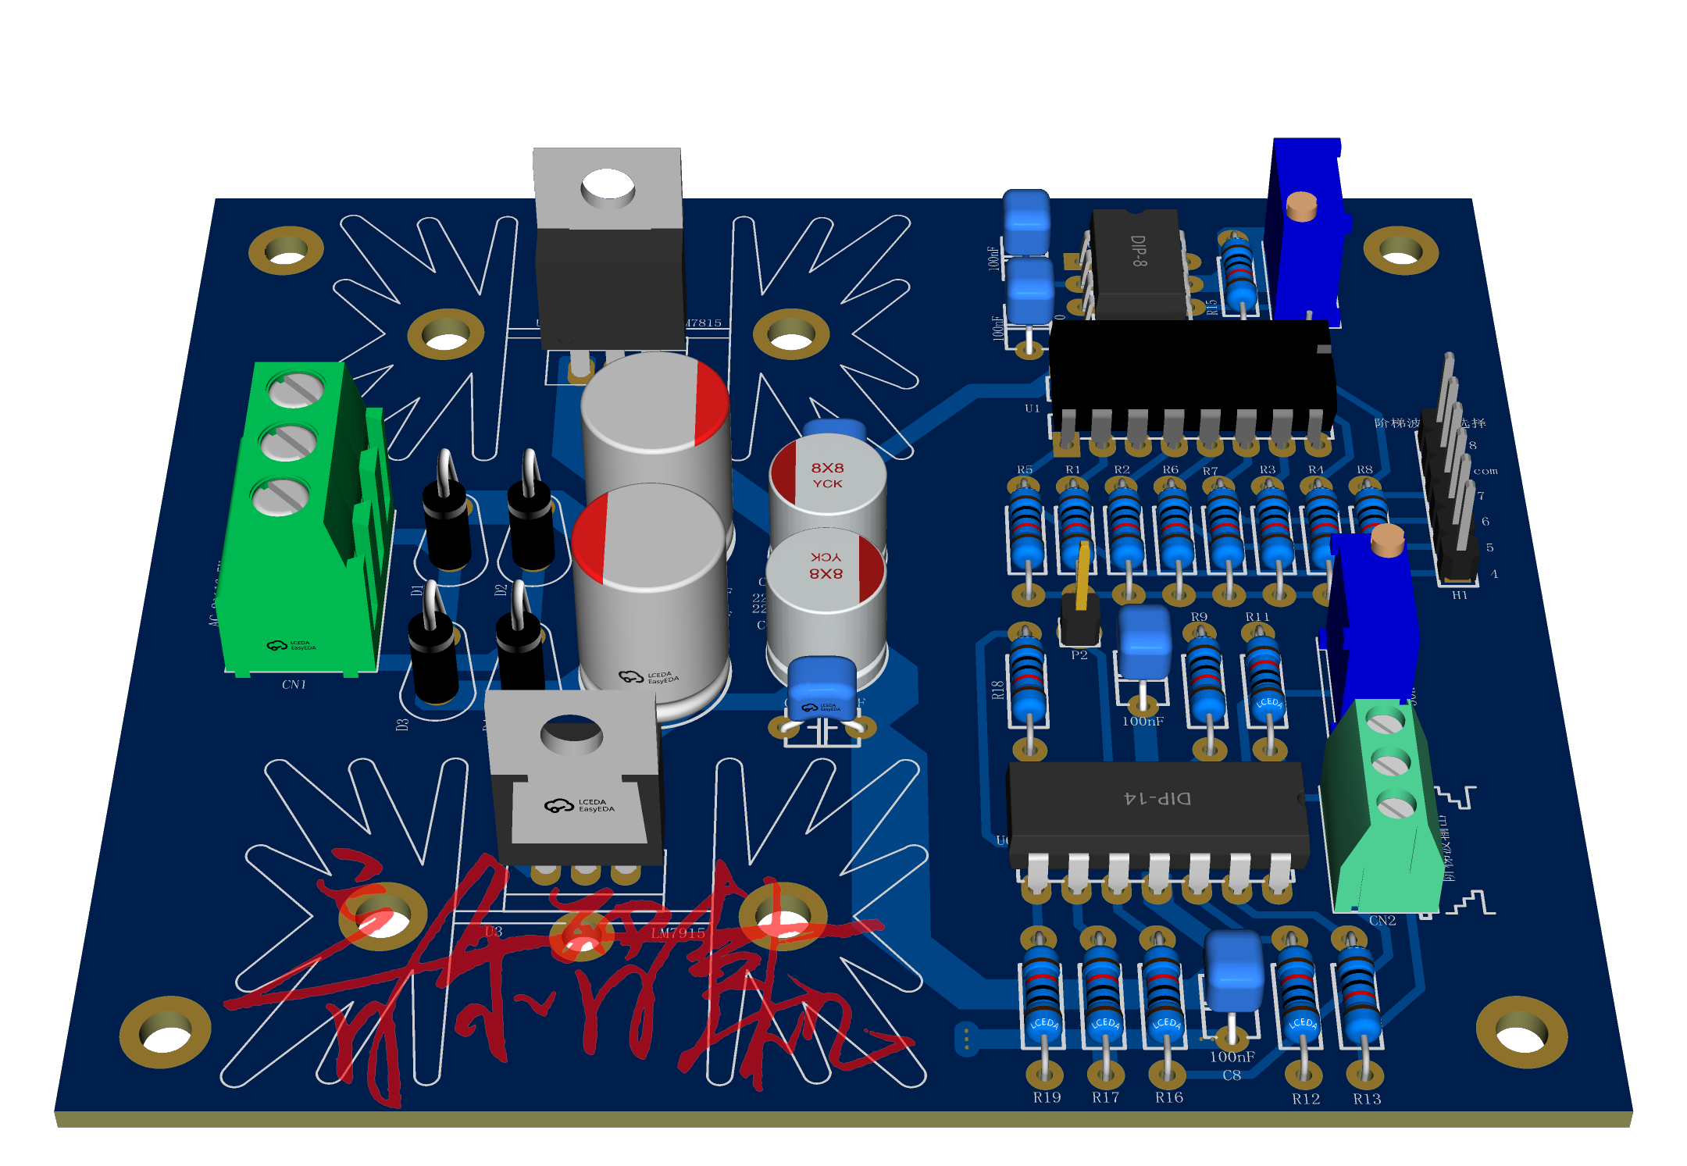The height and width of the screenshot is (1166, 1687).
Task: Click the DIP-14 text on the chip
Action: pyautogui.click(x=1157, y=798)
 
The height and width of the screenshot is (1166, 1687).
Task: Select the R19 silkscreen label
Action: pyautogui.click(x=1047, y=1097)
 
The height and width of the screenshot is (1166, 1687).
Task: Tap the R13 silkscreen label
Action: pyautogui.click(x=1367, y=1099)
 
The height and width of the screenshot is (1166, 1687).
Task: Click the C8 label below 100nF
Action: pyautogui.click(x=1232, y=1075)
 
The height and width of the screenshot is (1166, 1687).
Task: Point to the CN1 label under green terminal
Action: pyautogui.click(x=294, y=685)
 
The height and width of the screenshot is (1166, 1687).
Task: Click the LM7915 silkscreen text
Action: pyautogui.click(x=678, y=932)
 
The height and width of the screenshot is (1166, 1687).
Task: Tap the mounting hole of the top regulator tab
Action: pyautogui.click(x=608, y=187)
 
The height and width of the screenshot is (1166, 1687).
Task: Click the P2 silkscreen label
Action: pyautogui.click(x=1079, y=655)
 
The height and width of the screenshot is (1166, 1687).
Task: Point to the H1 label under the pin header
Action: pyautogui.click(x=1459, y=595)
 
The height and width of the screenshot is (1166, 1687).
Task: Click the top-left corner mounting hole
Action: pyautogui.click(x=286, y=251)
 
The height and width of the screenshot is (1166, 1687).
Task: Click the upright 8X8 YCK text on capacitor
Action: pyautogui.click(x=827, y=475)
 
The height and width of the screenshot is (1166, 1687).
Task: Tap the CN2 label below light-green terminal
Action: pyautogui.click(x=1382, y=921)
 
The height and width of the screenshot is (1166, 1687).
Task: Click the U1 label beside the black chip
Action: pyautogui.click(x=1033, y=408)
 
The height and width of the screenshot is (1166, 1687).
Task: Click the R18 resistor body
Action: pyautogui.click(x=1028, y=676)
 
